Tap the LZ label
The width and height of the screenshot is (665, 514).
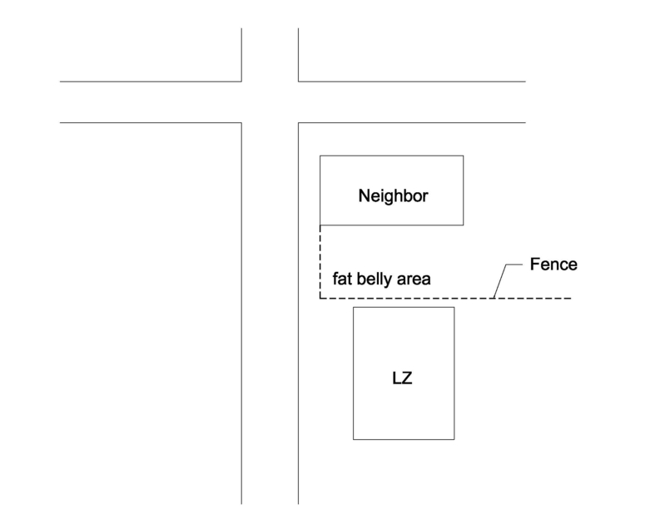(x=403, y=379)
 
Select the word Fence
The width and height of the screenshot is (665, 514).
(x=553, y=265)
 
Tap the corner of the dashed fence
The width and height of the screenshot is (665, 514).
(x=320, y=298)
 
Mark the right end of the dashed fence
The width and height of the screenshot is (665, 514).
(x=571, y=298)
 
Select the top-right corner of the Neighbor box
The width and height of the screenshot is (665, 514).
(x=463, y=156)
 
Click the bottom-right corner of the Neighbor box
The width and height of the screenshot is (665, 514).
(x=463, y=225)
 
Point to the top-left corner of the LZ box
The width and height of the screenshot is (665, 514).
(x=354, y=308)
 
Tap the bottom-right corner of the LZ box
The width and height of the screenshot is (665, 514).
(x=454, y=438)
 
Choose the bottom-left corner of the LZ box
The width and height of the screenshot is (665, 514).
(x=354, y=438)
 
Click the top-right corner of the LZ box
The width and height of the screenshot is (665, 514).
(x=454, y=308)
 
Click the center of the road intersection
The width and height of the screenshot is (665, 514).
(x=270, y=102)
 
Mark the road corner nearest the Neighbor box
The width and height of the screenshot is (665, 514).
(x=299, y=123)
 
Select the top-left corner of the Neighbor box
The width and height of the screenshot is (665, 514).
(x=320, y=156)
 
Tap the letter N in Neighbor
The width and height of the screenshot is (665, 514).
(x=364, y=196)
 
